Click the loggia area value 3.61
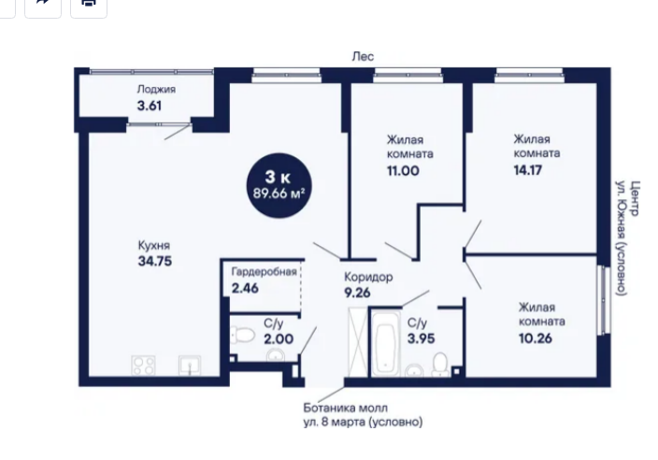point(150,106)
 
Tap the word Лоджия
point(156,90)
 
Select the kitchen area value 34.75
point(155,261)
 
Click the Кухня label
point(154,245)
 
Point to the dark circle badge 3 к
point(279,185)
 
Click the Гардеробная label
point(264,271)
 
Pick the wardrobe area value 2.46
point(245,288)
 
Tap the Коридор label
point(368,277)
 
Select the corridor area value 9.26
point(357,293)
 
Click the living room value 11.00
point(403,171)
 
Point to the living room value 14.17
point(528,170)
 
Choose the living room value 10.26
point(536,338)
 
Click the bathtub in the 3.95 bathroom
point(386,343)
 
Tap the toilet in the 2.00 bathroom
point(243,336)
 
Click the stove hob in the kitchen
point(143,365)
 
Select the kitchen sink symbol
point(190,366)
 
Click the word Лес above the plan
point(363,56)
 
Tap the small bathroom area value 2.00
point(279,338)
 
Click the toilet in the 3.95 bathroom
point(439,364)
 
